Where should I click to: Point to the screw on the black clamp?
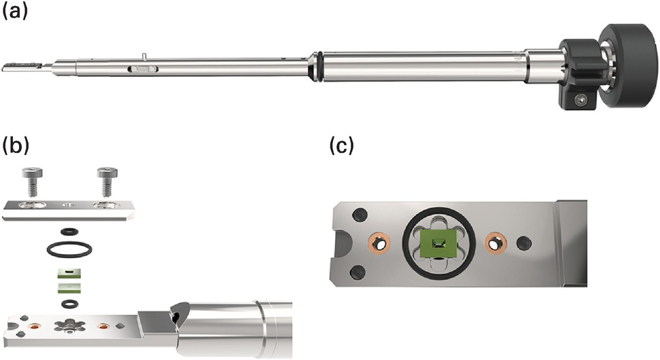tap(581, 100)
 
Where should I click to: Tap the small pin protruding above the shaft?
tap(144, 56)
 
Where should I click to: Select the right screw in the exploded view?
tap(107, 181)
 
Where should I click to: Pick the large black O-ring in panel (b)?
tap(69, 249)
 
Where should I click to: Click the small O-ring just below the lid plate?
tap(69, 231)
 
